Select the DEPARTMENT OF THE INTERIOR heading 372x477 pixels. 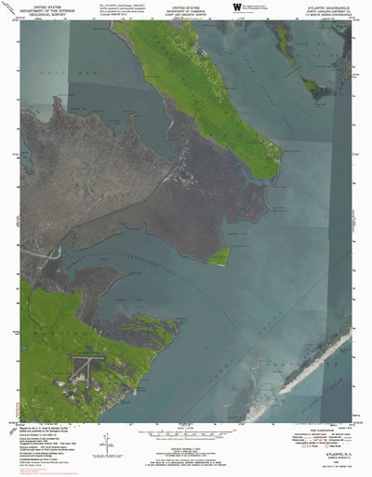point(46,8)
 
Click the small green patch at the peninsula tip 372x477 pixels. point(220,257)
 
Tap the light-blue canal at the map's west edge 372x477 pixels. point(39,254)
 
